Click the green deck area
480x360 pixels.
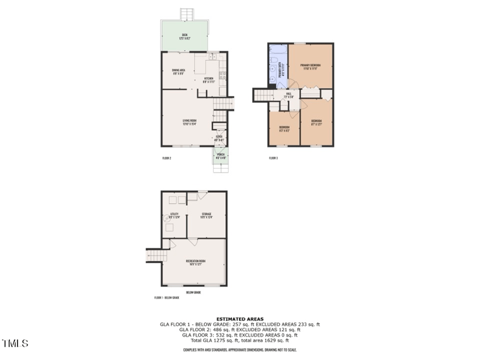click(x=184, y=36)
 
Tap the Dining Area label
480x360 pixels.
click(x=178, y=72)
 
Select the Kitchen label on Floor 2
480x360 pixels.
click(x=209, y=80)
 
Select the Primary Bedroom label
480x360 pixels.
click(x=310, y=66)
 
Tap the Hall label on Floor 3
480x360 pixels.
click(x=289, y=95)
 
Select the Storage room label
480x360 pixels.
click(x=206, y=215)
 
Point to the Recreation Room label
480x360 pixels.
click(x=196, y=262)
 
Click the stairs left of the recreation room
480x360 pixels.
click(x=155, y=256)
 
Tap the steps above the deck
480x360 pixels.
click(x=187, y=14)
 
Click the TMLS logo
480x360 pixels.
click(x=15, y=343)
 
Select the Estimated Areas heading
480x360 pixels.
click(x=240, y=319)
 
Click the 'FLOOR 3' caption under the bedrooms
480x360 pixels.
click(x=273, y=158)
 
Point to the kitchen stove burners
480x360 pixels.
click(x=223, y=76)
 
